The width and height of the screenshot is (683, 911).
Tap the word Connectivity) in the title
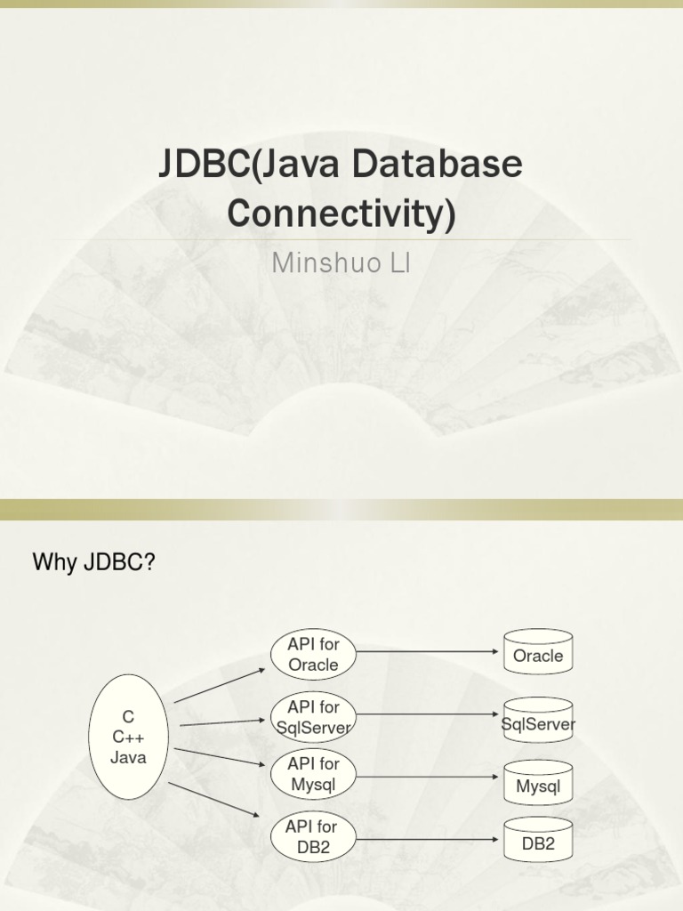[341, 214]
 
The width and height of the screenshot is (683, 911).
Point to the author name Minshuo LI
[341, 264]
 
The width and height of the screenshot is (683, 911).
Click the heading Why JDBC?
[94, 562]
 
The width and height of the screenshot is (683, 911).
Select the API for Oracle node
[313, 655]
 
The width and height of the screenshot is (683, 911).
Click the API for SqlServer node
[313, 717]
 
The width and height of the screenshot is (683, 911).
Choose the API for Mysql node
[313, 774]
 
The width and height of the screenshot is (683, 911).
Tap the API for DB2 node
[313, 836]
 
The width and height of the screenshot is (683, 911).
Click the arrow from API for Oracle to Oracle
[428, 651]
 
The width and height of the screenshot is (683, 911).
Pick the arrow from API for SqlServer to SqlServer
[428, 713]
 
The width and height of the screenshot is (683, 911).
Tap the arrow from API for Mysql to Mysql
[428, 776]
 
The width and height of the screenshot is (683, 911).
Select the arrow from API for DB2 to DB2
[428, 838]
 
